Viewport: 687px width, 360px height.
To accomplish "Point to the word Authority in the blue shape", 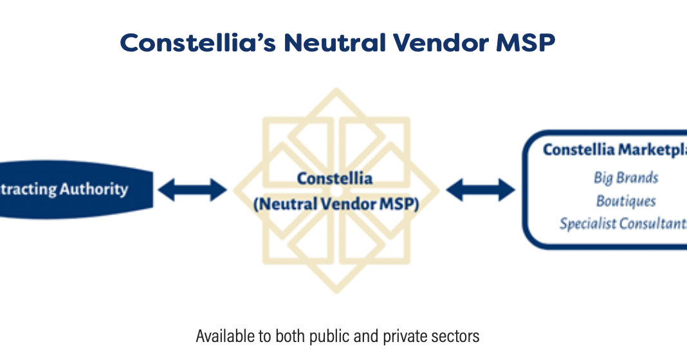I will click(94, 190).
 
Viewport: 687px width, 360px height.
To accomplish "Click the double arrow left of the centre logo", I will click(192, 190).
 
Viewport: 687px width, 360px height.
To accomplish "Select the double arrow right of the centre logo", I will click(481, 190).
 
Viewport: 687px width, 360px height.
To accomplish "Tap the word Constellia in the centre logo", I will click(334, 179).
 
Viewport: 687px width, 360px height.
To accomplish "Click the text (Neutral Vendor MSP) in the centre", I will click(336, 204).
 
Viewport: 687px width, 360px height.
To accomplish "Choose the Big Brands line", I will click(626, 177).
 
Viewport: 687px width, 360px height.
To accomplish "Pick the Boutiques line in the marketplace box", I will click(626, 201).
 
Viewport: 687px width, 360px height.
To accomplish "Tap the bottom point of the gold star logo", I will click(336, 291).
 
